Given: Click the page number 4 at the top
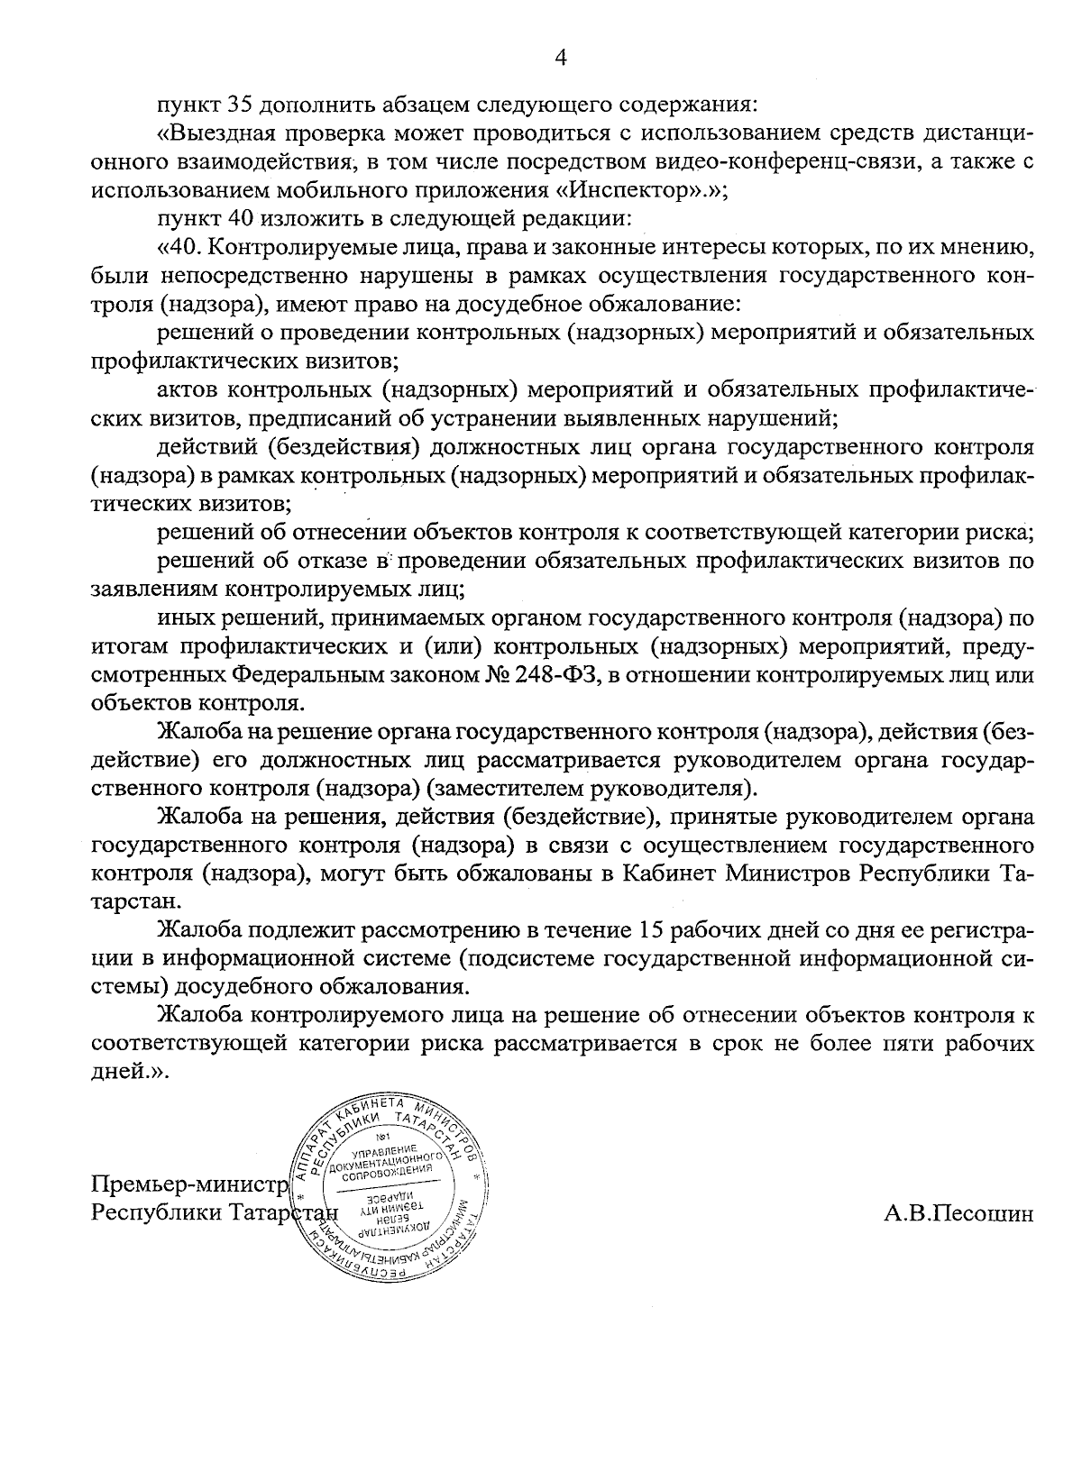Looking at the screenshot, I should [561, 59].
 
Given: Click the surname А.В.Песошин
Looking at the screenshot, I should [958, 1212].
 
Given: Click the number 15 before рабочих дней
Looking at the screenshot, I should [654, 929].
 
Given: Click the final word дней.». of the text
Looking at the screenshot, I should [130, 1073].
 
